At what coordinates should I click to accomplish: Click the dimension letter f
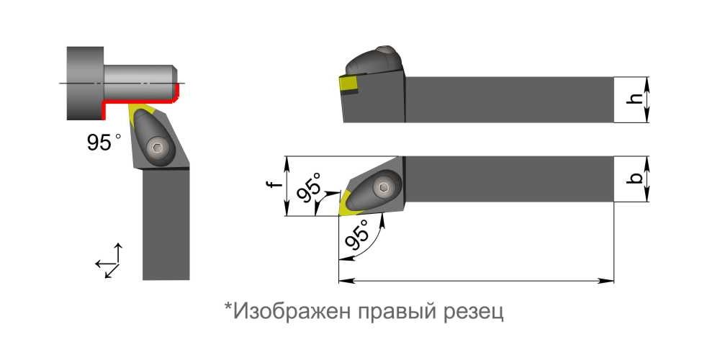(272, 185)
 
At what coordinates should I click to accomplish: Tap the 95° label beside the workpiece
(99, 143)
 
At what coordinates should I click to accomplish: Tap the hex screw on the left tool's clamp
(157, 148)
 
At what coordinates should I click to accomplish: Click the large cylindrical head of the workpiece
(85, 83)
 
